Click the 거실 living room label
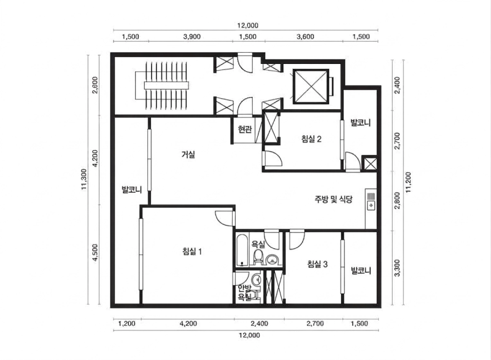click(x=188, y=154)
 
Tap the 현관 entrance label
click(x=244, y=129)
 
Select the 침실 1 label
click(x=192, y=251)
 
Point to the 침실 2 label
click(x=311, y=139)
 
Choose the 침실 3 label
click(x=317, y=264)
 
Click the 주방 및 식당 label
click(x=334, y=199)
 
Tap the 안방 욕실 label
click(x=245, y=292)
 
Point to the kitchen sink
click(x=371, y=202)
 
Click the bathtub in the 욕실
click(x=242, y=250)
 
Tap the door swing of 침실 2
click(x=273, y=158)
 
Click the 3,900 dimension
click(x=192, y=37)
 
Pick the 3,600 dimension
click(x=305, y=37)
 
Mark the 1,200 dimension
click(x=127, y=323)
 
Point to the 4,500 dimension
click(x=96, y=252)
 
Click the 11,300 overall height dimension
click(x=84, y=179)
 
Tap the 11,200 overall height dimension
click(x=408, y=182)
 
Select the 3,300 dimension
click(x=397, y=268)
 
